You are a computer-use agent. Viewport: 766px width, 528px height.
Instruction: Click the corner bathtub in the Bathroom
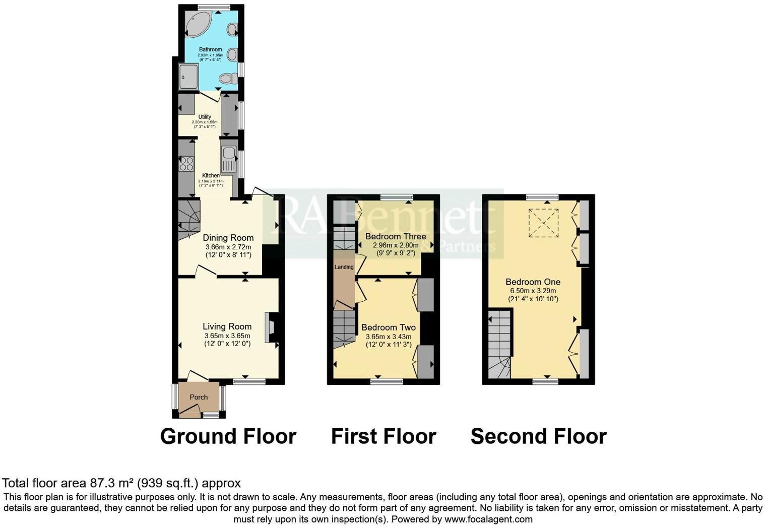click(198, 24)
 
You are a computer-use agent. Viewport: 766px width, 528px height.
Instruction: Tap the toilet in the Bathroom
click(229, 78)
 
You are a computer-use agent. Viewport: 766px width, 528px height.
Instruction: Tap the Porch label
click(199, 397)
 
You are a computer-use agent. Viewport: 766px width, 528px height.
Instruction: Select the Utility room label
click(205, 117)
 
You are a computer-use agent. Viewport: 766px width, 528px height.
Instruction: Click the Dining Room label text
click(228, 238)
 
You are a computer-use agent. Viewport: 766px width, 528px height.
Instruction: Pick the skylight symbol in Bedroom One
click(543, 223)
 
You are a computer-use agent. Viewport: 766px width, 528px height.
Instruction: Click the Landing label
click(344, 267)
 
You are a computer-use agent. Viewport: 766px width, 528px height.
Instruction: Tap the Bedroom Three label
click(396, 236)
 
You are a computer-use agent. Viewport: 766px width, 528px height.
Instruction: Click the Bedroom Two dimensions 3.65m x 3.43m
click(388, 337)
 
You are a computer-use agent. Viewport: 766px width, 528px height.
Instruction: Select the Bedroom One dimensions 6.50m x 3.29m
click(533, 291)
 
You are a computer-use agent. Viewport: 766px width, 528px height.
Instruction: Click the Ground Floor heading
click(228, 436)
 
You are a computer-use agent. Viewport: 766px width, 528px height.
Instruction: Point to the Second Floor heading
click(538, 436)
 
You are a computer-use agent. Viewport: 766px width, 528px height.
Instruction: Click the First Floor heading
click(383, 436)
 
